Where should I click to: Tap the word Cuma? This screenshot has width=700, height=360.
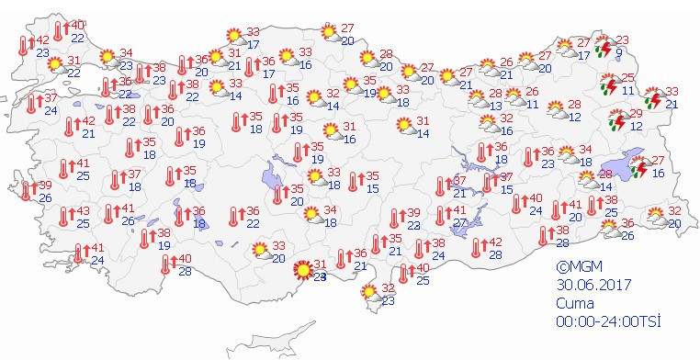pyautogui.click(x=574, y=302)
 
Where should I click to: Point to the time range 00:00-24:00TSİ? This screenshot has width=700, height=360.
pyautogui.click(x=608, y=321)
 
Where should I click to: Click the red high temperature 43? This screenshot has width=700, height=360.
pyautogui.click(x=83, y=210)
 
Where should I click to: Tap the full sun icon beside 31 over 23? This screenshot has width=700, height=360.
pyautogui.click(x=301, y=270)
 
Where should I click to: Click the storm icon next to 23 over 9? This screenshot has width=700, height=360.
pyautogui.click(x=604, y=48)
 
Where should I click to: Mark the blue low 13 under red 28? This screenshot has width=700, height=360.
pyautogui.click(x=495, y=106)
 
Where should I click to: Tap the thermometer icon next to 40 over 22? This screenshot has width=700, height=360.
pyautogui.click(x=60, y=30)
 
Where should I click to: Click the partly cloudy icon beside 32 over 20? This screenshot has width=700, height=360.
pyautogui.click(x=656, y=217)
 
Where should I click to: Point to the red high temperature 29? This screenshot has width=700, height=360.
pyautogui.click(x=636, y=113)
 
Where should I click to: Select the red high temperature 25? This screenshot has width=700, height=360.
pyautogui.click(x=628, y=78)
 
